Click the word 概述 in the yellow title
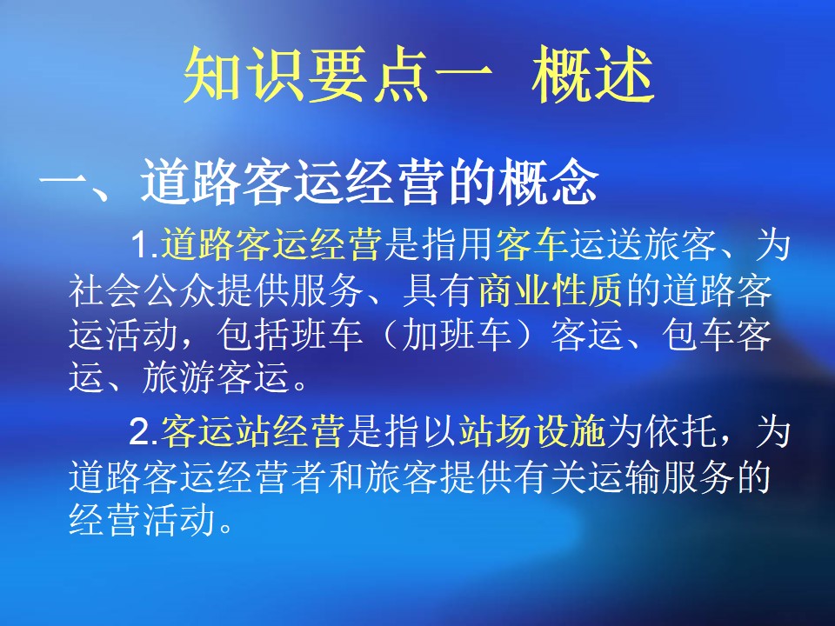(592, 75)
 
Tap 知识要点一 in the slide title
(337, 75)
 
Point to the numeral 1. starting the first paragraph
(145, 245)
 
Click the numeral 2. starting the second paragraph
(144, 431)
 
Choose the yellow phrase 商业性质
(551, 290)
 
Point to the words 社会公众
(142, 290)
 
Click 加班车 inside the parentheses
(457, 336)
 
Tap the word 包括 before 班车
(252, 336)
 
